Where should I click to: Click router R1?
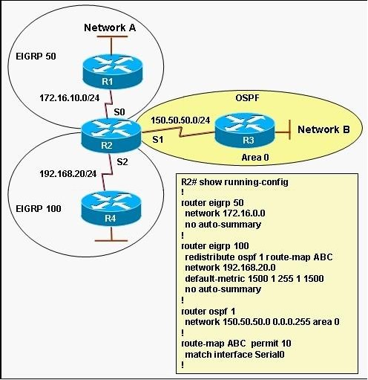click(113, 71)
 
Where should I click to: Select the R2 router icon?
click(111, 135)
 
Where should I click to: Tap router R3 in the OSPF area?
click(245, 130)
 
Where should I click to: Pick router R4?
click(111, 209)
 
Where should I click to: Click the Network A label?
click(110, 28)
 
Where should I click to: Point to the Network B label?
click(323, 129)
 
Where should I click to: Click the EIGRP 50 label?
click(36, 57)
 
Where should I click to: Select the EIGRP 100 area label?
click(39, 208)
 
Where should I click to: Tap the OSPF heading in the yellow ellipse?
click(247, 98)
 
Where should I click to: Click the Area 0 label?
click(255, 158)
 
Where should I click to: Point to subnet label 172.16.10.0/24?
click(70, 98)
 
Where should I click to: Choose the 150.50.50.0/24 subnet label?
click(180, 120)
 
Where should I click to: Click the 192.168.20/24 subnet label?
click(68, 174)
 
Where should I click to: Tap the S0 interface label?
click(119, 112)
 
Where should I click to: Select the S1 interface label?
click(158, 140)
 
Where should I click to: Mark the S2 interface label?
click(122, 161)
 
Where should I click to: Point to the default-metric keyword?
click(215, 278)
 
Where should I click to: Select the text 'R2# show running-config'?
click(234, 182)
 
